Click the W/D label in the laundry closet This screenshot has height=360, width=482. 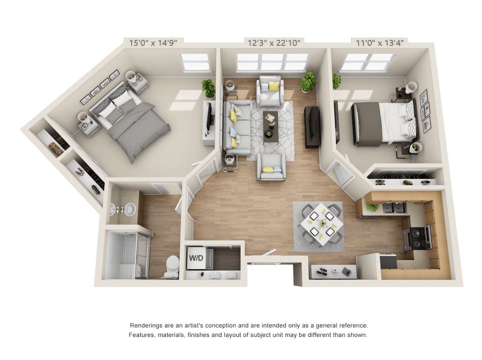pos(196,258)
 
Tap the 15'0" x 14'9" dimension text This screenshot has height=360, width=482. pos(153,43)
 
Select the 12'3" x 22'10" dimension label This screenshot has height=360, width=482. pos(274,43)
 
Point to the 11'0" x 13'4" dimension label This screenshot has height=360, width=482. pos(380,43)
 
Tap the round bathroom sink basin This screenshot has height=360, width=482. pos(129,209)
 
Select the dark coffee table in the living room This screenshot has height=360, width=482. pos(271,126)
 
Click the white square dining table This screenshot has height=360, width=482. pos(321,224)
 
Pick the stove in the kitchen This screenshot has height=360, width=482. pos(418,237)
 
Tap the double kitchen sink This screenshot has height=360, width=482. pos(394,207)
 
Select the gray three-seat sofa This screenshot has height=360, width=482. pos(237,127)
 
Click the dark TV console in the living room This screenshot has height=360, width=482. pos(312,127)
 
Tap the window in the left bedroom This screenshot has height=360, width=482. pos(195,62)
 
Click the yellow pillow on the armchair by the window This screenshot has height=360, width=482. pos(274,86)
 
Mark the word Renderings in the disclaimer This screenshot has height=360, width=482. pos(145,325)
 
